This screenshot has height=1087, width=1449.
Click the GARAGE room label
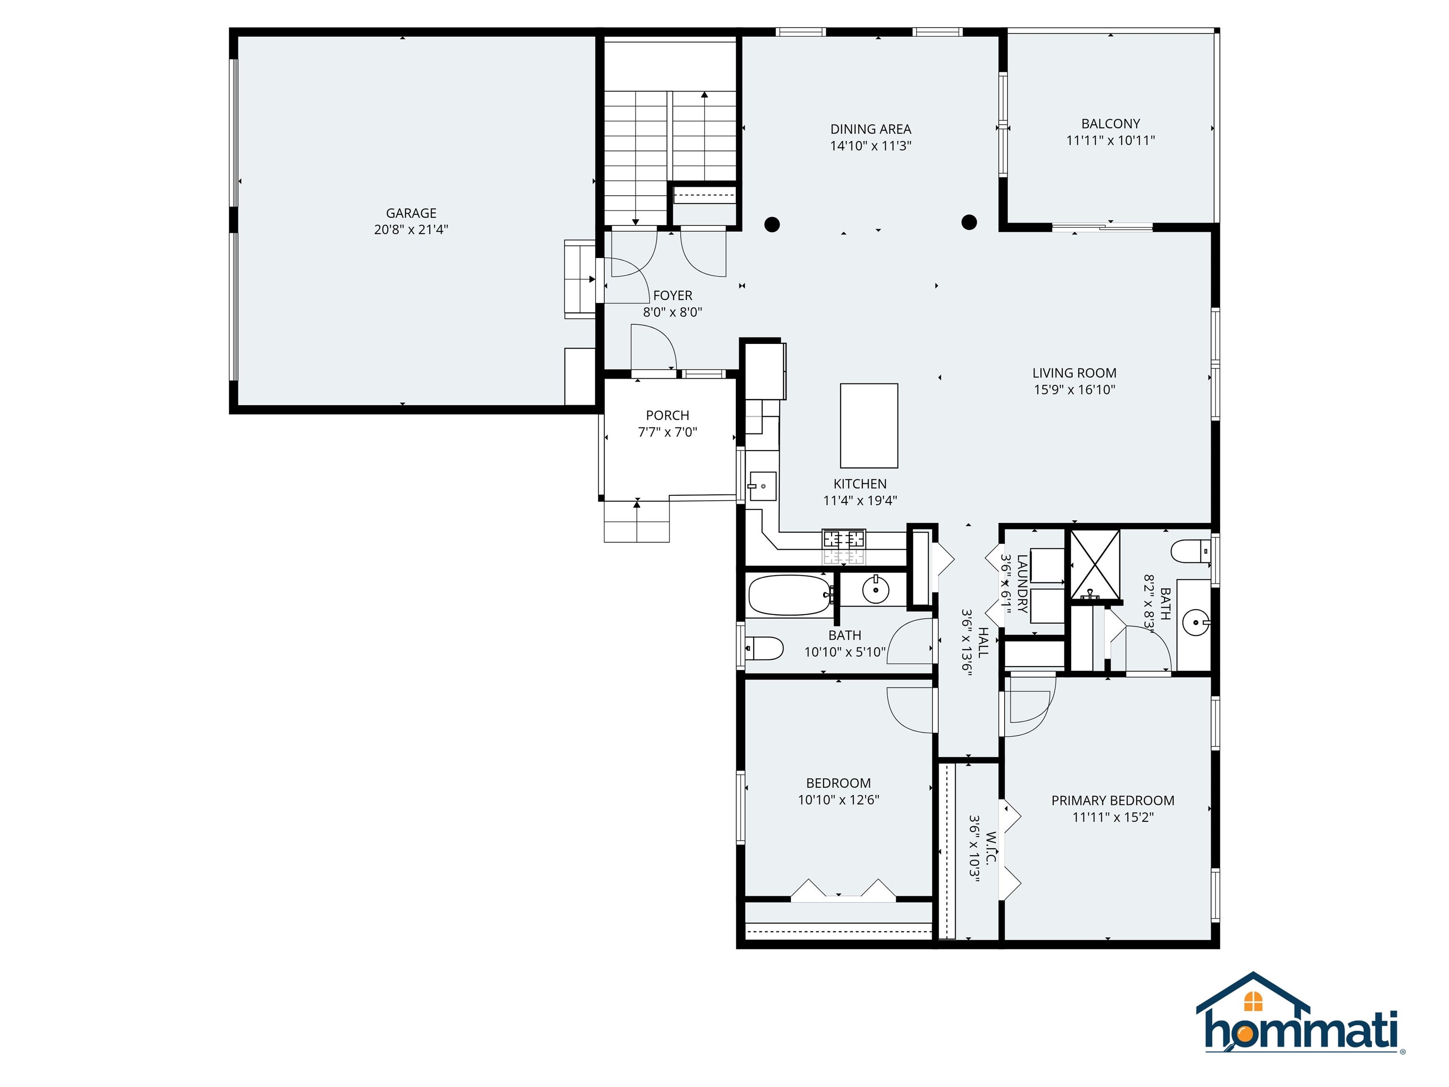click(411, 213)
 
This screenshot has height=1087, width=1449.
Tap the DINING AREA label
click(871, 129)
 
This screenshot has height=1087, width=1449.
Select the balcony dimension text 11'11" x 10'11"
click(1110, 140)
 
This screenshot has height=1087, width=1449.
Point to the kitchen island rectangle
click(869, 426)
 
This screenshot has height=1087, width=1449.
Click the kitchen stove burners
click(844, 540)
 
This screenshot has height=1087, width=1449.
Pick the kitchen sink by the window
click(763, 486)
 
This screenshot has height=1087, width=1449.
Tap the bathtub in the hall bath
click(789, 595)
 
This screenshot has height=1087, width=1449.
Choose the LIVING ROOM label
click(1074, 373)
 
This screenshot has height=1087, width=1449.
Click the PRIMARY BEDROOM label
click(1112, 800)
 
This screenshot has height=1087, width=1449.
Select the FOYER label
click(672, 295)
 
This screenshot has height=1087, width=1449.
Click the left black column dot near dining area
click(772, 225)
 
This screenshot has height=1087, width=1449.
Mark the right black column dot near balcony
click(969, 222)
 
